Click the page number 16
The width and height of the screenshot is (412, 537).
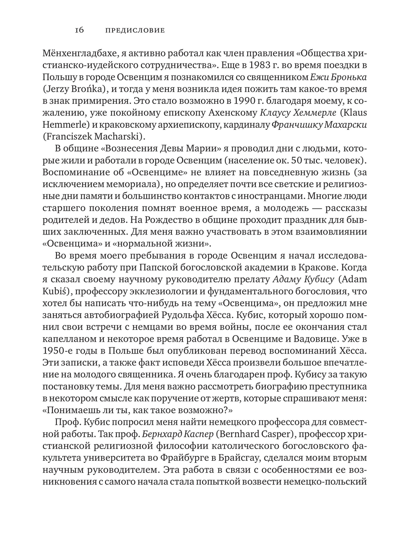click(x=79, y=30)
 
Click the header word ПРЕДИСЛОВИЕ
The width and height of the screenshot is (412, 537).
click(x=135, y=30)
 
